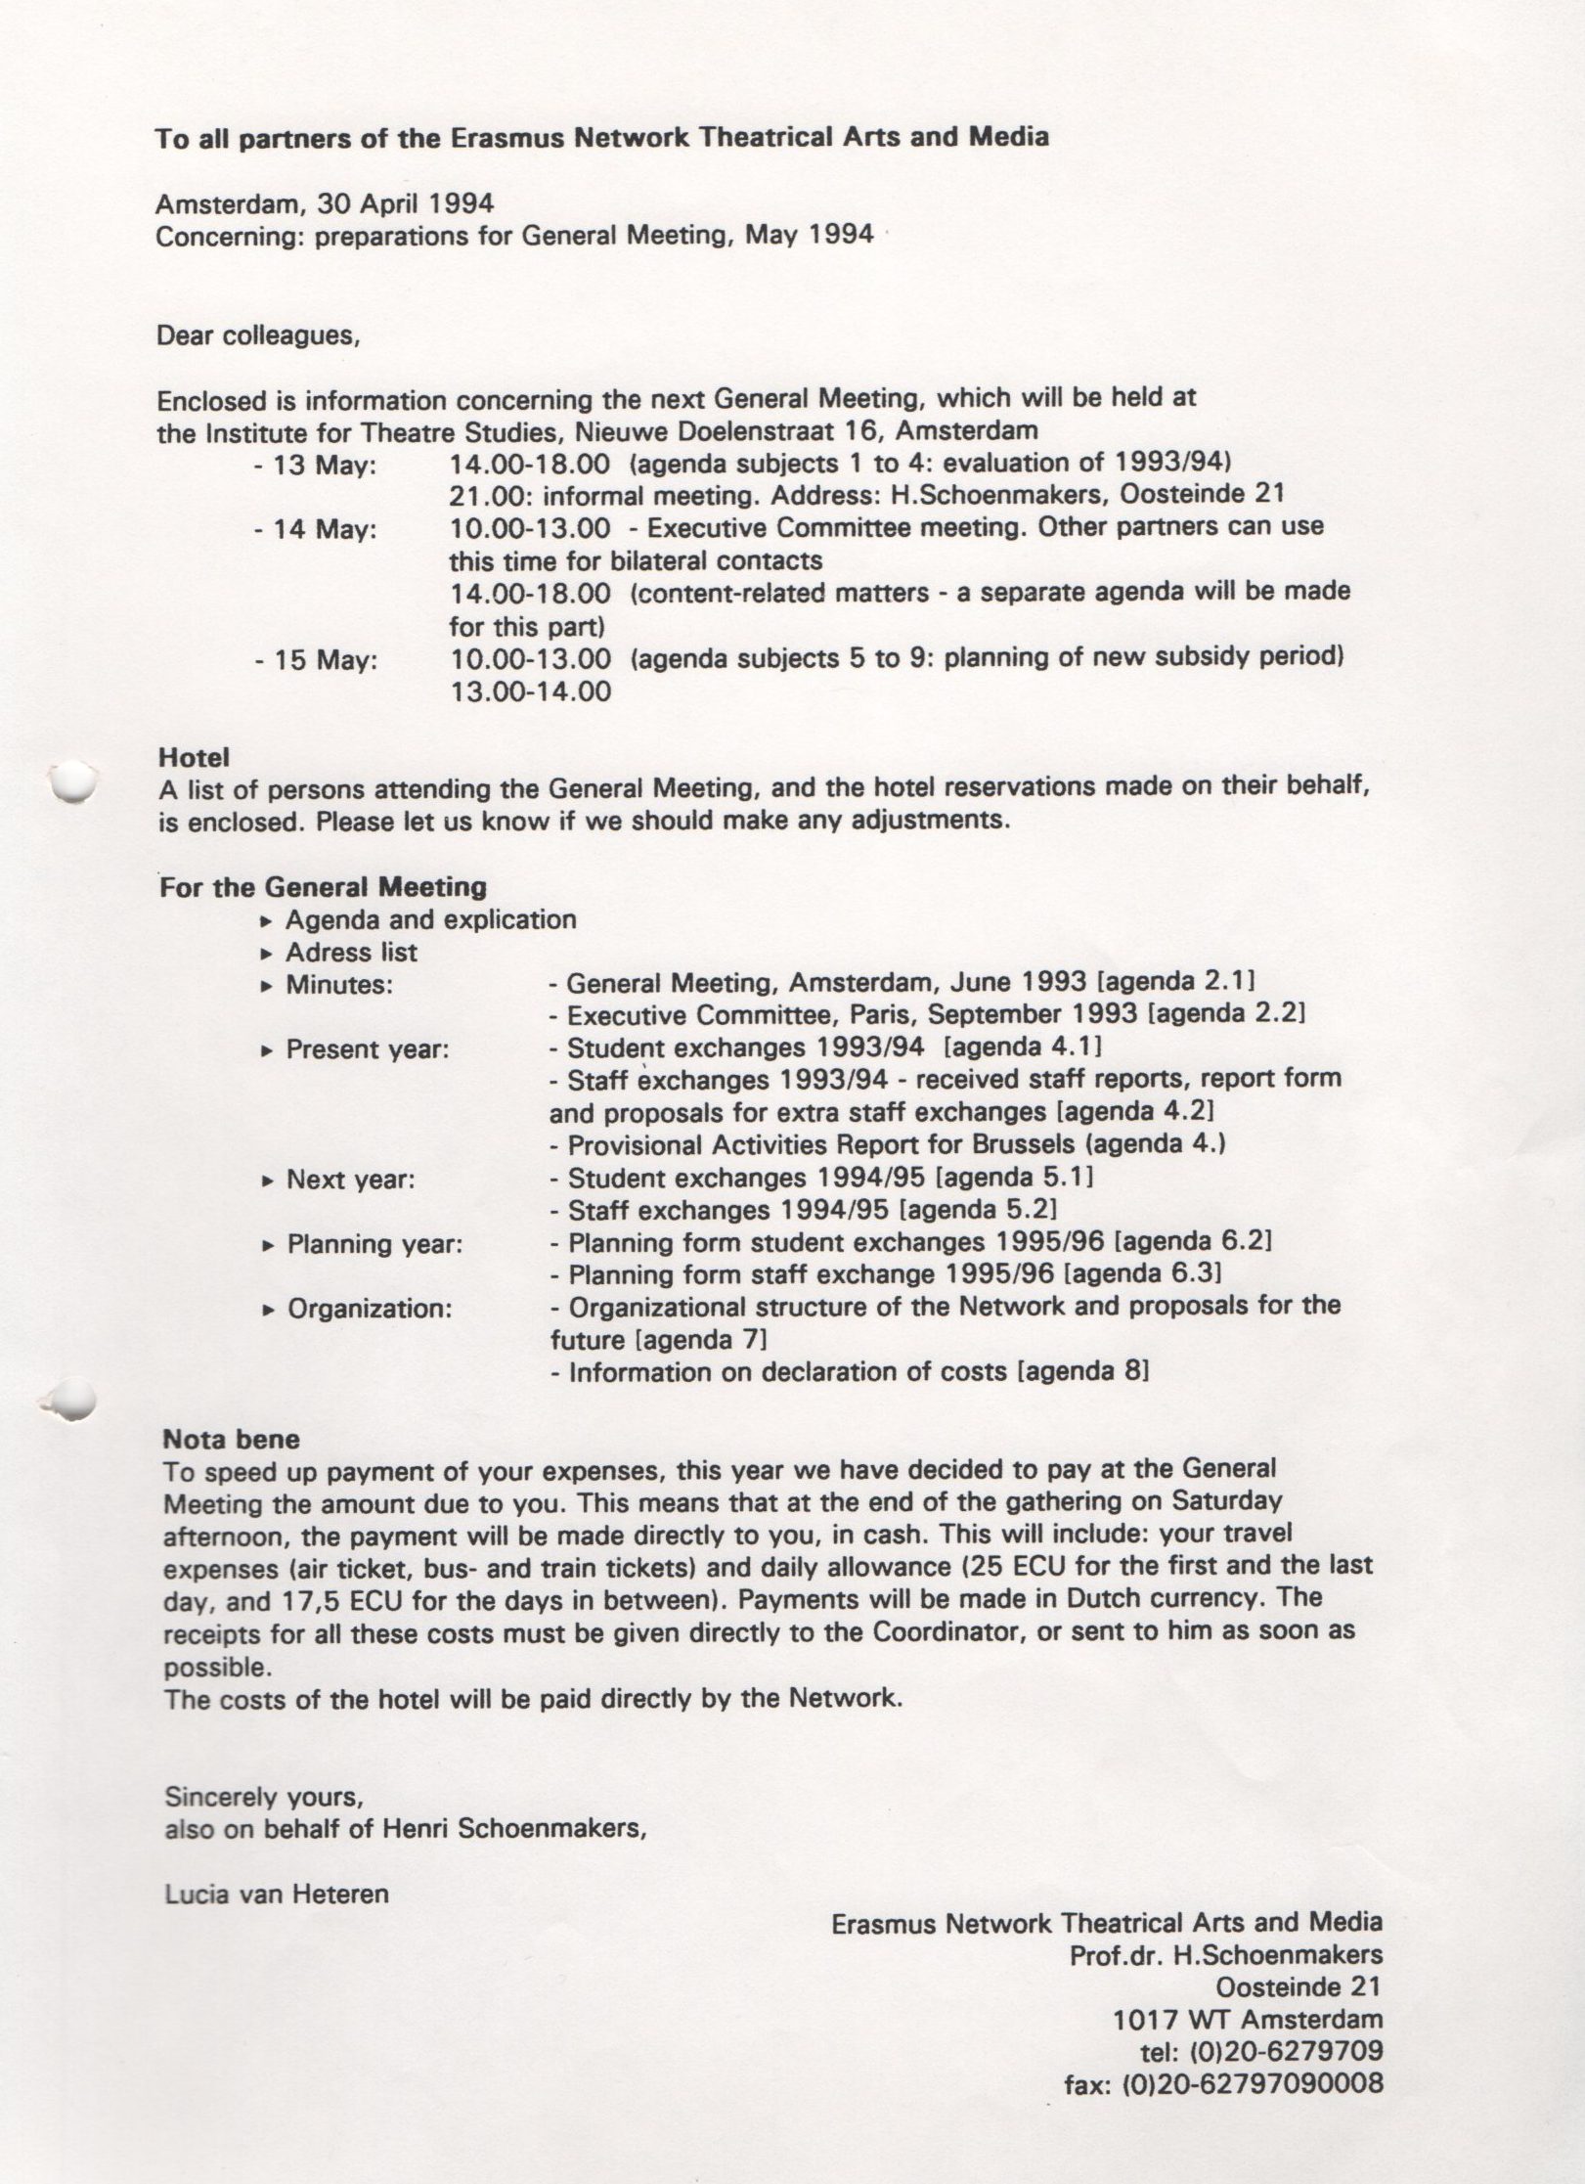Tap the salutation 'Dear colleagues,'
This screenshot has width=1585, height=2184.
(x=258, y=336)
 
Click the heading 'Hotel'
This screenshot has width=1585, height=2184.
(x=194, y=757)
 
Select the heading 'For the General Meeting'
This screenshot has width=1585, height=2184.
(x=323, y=887)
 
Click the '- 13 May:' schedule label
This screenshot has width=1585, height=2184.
(x=314, y=466)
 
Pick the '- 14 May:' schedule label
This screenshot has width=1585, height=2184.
(x=315, y=530)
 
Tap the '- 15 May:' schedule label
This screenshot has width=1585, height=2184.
(x=315, y=660)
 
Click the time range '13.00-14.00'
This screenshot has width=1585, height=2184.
(x=530, y=691)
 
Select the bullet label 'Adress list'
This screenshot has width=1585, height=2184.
(x=351, y=952)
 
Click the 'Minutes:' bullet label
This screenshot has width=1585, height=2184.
(x=338, y=984)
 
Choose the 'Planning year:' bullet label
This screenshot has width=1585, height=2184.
(x=374, y=1244)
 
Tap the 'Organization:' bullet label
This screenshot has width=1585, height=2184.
(x=370, y=1309)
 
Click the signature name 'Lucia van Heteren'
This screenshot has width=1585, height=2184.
(x=277, y=1894)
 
